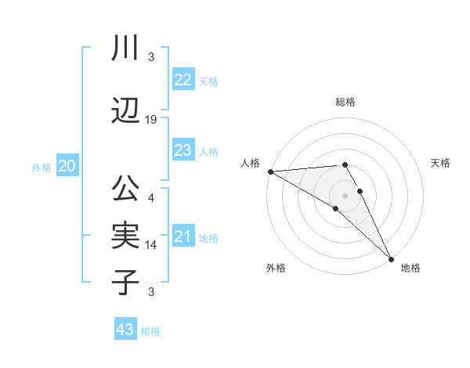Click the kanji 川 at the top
point(125,49)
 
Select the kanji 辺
point(125,111)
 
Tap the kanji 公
point(125,189)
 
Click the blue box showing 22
point(183,80)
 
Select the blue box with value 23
point(183,150)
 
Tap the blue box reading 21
point(183,236)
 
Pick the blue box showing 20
point(67,166)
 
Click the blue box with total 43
point(125,330)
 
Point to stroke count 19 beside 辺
point(152,120)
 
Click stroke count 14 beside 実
point(152,245)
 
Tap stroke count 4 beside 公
point(152,197)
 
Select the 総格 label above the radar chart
point(345,102)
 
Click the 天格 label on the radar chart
point(440,163)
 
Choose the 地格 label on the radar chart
point(410,268)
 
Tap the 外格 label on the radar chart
point(276,268)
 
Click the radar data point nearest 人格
point(270,171)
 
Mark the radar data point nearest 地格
point(391,258)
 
